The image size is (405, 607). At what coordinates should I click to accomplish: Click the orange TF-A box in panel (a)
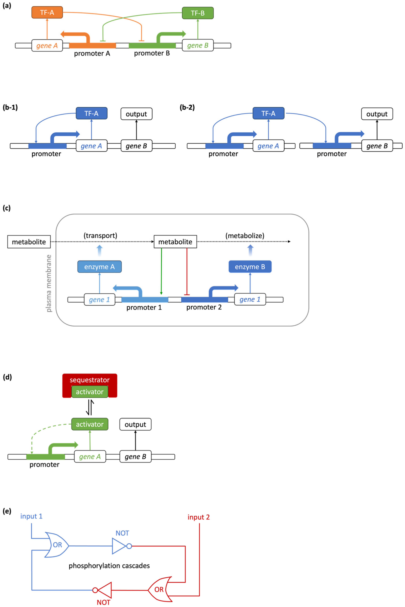tap(47, 12)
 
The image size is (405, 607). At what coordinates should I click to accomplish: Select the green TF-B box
tap(198, 13)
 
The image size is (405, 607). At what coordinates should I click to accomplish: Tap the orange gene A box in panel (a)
tap(47, 46)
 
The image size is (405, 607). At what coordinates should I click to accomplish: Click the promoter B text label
tap(152, 53)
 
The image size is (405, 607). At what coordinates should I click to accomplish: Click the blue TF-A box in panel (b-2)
tap(268, 113)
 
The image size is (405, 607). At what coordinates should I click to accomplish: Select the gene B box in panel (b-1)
tap(136, 146)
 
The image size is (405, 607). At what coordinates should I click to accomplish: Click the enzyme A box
tap(100, 267)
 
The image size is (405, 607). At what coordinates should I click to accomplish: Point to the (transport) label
tap(100, 235)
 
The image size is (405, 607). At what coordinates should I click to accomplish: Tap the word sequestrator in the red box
tap(90, 380)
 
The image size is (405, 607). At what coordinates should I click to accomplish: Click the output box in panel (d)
tap(135, 424)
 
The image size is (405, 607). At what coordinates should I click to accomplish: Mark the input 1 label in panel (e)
tap(31, 516)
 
